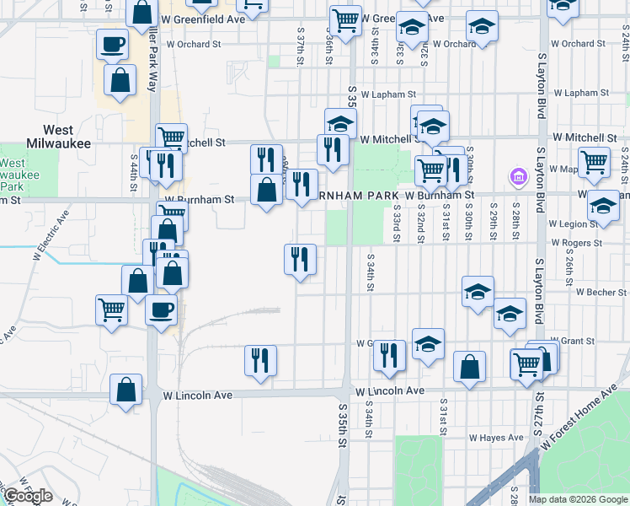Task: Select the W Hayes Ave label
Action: [496, 438]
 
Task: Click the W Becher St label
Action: [601, 292]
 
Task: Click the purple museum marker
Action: [517, 179]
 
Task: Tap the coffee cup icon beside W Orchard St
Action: [112, 44]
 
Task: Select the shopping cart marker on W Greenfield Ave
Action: [345, 19]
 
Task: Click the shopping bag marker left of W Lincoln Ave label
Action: [125, 390]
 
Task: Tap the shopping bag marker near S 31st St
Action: [469, 365]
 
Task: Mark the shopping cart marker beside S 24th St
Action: [594, 160]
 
